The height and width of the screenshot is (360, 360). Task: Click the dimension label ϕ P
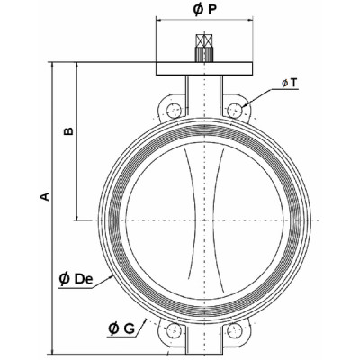pos(206,11)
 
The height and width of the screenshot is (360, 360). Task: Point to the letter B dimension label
pos(67,131)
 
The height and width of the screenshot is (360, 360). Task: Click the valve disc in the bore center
pos(206,221)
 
